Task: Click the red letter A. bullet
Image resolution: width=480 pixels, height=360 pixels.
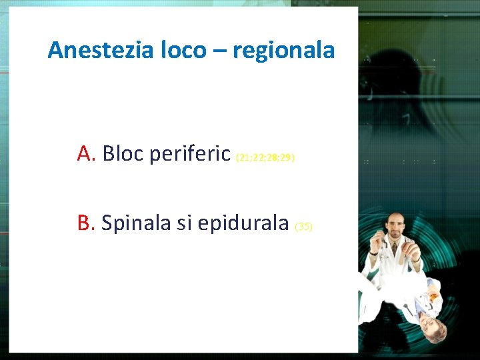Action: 87,154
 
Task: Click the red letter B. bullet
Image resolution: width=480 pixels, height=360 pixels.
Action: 87,223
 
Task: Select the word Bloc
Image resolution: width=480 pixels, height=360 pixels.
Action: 123,154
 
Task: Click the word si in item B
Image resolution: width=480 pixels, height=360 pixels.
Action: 185,223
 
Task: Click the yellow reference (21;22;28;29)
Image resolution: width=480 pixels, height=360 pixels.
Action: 265,159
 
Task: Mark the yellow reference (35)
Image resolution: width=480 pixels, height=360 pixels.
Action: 303,227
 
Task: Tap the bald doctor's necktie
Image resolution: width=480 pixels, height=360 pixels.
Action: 395,249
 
